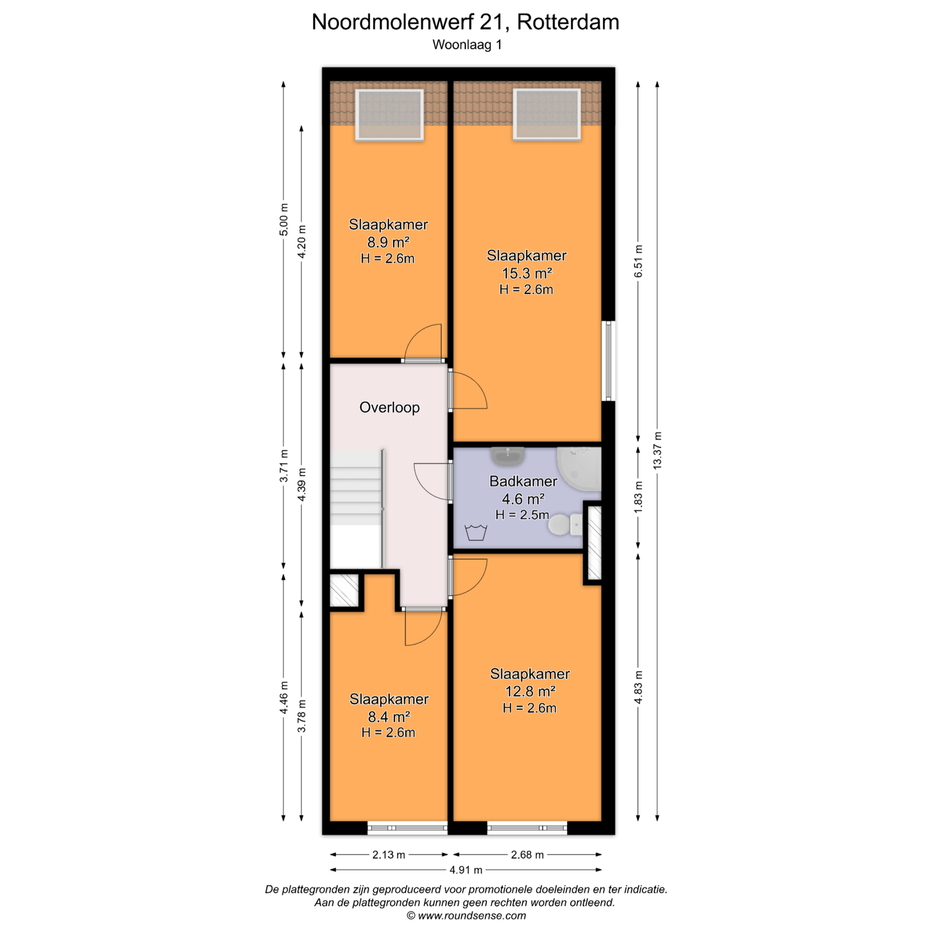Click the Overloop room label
coord(389,407)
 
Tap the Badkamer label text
coord(523,481)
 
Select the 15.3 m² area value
coord(527,273)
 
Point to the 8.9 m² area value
coord(388,242)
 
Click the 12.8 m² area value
coord(529,691)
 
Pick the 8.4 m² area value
coord(389,716)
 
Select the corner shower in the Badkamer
coord(579,469)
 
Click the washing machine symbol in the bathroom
coord(476,532)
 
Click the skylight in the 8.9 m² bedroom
coord(389,115)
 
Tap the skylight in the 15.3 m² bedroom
coord(546,114)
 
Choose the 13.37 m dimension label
coord(658,450)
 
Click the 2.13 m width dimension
coord(389,855)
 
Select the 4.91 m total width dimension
coord(466,870)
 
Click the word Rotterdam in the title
coord(568,22)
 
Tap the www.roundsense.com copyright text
coord(466,916)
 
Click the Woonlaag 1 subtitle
coord(467,45)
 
